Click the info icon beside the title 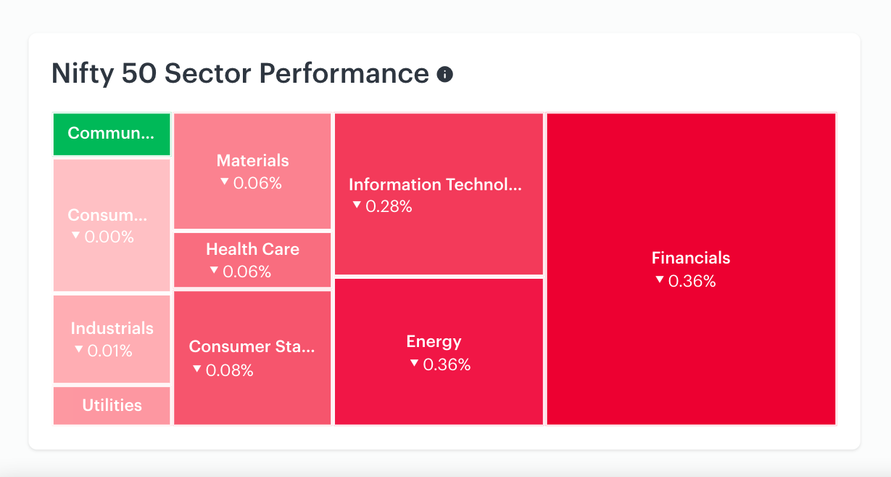[x=444, y=74]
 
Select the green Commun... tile [x=112, y=134]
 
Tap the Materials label [x=252, y=160]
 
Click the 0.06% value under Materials [x=257, y=183]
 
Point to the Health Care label [x=252, y=249]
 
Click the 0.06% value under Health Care [x=246, y=272]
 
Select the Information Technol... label [x=435, y=184]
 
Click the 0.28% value [x=389, y=206]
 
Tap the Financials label [x=691, y=258]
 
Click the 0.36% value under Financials [x=692, y=281]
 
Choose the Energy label [x=434, y=342]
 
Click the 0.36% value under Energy [x=447, y=364]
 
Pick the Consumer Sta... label [x=252, y=347]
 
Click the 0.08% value [x=230, y=370]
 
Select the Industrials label [x=112, y=328]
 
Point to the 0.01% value [x=109, y=351]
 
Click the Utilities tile [x=112, y=406]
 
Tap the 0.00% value [x=109, y=237]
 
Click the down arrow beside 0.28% [x=357, y=205]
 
